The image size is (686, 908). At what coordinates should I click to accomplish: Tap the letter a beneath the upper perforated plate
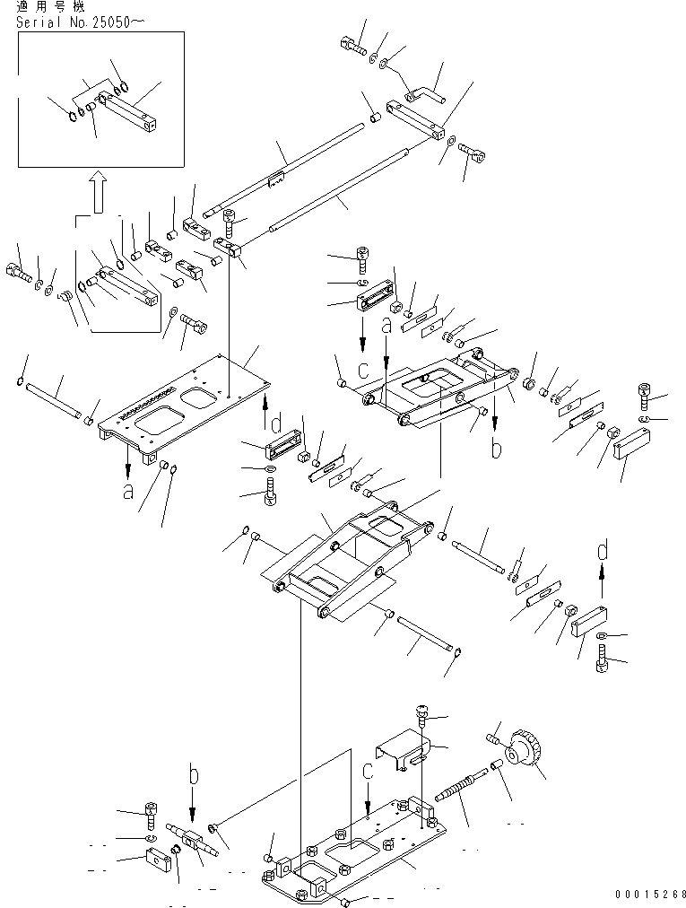coord(129,491)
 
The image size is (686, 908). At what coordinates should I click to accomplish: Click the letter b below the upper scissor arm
coord(496,449)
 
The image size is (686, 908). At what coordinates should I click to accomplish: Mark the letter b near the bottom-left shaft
coord(192,773)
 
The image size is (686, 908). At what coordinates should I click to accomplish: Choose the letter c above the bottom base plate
coord(368,771)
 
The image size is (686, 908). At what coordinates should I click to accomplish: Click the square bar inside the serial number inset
coord(131,112)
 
